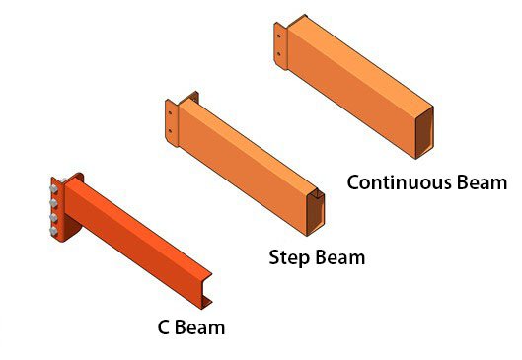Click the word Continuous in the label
(x=400, y=182)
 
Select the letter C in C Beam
(x=163, y=327)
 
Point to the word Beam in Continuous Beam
(x=483, y=182)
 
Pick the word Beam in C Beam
(x=199, y=327)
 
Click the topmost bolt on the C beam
(x=53, y=189)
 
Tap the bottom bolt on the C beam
(x=53, y=231)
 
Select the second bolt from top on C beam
(x=53, y=203)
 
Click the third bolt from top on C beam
(x=53, y=217)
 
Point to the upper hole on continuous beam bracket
(x=278, y=36)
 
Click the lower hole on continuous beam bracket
(x=278, y=54)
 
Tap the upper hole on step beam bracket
(x=170, y=112)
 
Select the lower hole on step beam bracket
(x=170, y=131)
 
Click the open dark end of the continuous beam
(x=424, y=132)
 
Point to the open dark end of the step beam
(x=315, y=212)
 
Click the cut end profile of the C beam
(x=206, y=290)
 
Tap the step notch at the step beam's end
(x=320, y=192)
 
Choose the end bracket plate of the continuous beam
(x=281, y=46)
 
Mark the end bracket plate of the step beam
(x=172, y=123)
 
